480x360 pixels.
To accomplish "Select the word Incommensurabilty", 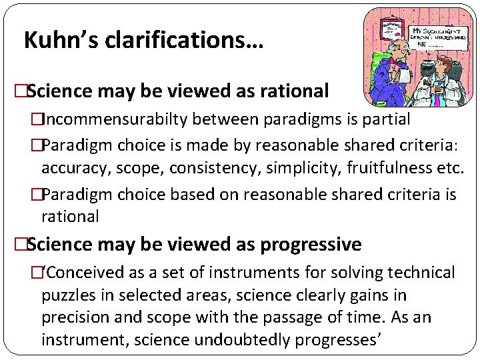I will coord(117,119).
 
